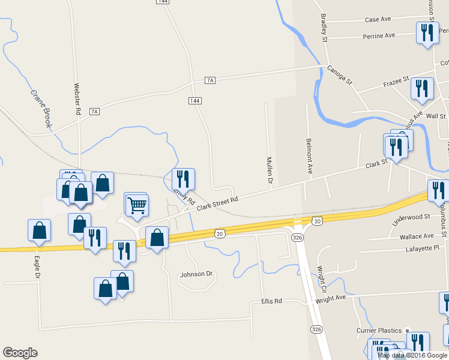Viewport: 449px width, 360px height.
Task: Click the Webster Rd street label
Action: click(77, 98)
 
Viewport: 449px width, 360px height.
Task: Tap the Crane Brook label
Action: click(40, 110)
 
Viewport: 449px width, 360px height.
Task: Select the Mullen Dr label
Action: click(270, 171)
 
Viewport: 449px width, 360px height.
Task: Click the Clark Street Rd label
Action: click(217, 203)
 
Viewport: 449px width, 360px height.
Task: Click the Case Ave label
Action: click(378, 20)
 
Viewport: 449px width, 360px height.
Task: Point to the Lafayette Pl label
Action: click(423, 247)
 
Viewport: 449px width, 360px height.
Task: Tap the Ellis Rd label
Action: click(271, 301)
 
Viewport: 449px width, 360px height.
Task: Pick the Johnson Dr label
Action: click(196, 274)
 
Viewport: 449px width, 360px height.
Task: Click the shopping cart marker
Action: click(137, 206)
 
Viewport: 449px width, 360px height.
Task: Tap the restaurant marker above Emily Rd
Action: click(184, 179)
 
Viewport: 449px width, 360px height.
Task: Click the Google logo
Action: click(20, 353)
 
